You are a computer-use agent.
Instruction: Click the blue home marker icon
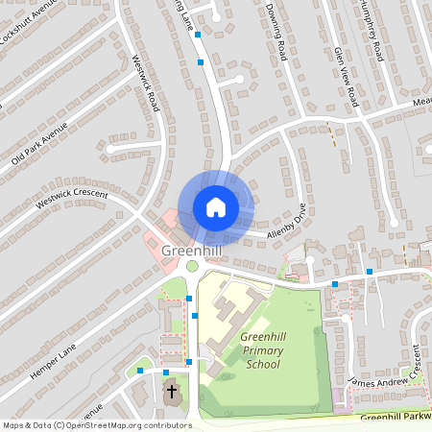216,206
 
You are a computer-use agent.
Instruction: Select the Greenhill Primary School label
249,350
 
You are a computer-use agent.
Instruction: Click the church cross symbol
173,392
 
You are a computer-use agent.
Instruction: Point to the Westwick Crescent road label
73,201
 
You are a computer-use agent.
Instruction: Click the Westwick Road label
144,86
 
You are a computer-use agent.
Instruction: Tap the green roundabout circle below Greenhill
192,266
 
